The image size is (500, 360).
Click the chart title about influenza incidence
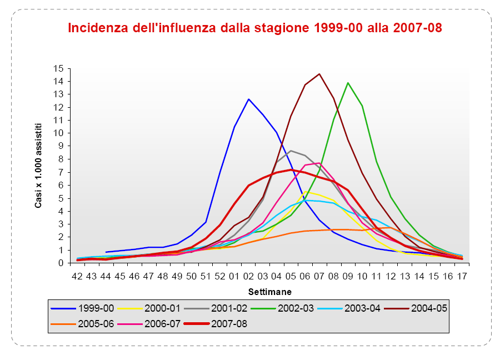point(255,28)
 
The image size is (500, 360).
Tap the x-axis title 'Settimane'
point(269,291)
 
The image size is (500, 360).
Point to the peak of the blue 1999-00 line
point(248,99)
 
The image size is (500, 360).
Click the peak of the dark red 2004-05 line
point(319,74)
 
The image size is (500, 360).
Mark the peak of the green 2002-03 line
point(348,83)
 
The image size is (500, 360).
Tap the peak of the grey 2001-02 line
point(291,151)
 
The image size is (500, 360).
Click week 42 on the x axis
point(77,276)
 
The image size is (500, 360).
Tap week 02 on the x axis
point(248,276)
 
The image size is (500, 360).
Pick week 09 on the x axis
point(348,276)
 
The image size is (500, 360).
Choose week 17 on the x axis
point(461,276)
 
